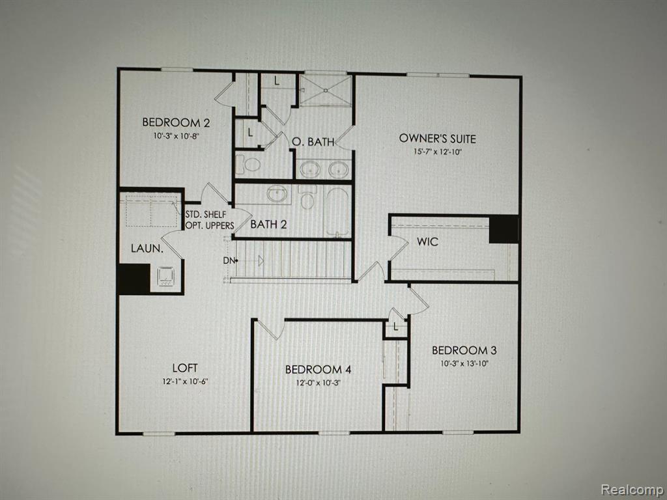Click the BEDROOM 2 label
[x=176, y=122]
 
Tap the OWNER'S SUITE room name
[x=437, y=139]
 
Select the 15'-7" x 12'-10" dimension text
[x=437, y=152]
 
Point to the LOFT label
[x=185, y=368]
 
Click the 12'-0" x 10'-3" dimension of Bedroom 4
[x=318, y=383]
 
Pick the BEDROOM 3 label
[x=464, y=350]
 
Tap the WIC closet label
[x=427, y=242]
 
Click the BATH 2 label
[x=268, y=224]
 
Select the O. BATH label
[x=313, y=141]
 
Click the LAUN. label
[x=147, y=248]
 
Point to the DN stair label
[x=229, y=260]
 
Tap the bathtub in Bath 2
[x=338, y=212]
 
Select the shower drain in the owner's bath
[x=326, y=90]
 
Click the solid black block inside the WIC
[x=504, y=229]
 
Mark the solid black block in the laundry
[x=134, y=279]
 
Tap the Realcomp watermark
[x=631, y=489]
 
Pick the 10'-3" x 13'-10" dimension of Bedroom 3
[x=464, y=363]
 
